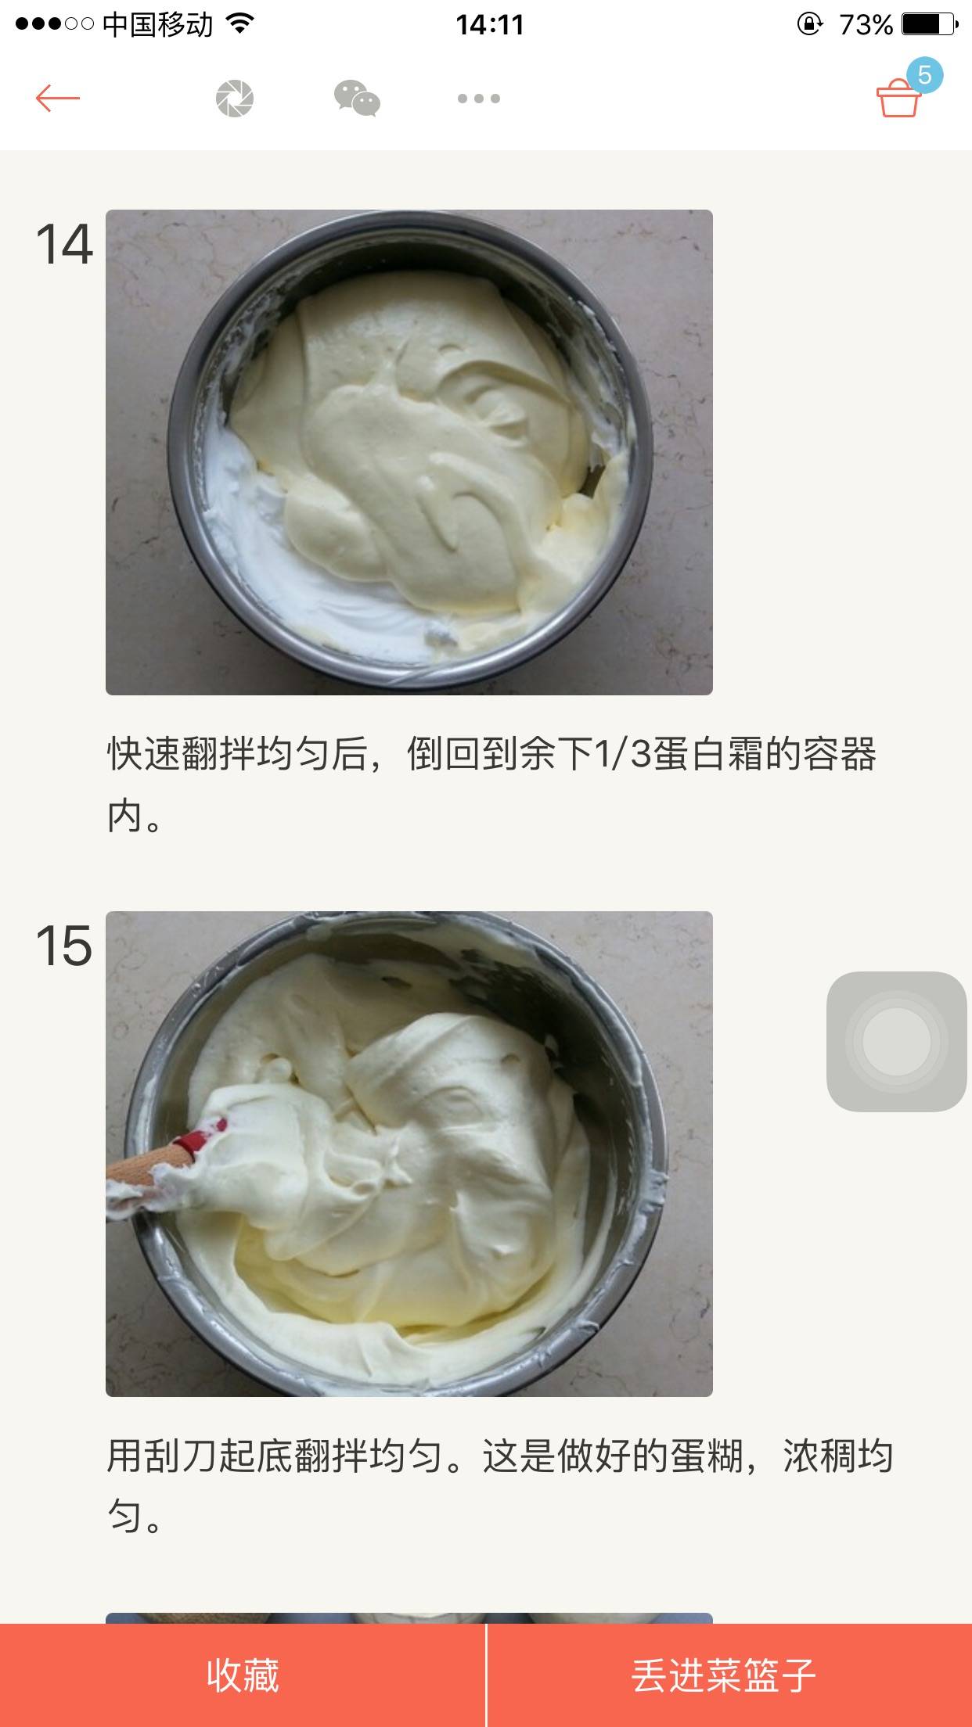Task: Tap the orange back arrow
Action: [x=58, y=99]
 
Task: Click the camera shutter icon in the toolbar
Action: [x=235, y=99]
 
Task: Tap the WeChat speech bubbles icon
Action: [x=357, y=99]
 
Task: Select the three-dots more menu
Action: [x=479, y=99]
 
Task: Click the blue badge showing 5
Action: [x=924, y=75]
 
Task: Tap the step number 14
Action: [x=64, y=244]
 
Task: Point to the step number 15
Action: [x=64, y=946]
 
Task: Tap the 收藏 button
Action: [x=243, y=1675]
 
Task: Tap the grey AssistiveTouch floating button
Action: [x=897, y=1041]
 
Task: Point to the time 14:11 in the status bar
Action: [x=490, y=25]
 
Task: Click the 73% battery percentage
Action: [x=866, y=25]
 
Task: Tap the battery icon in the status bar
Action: [x=930, y=25]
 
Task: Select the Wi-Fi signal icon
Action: [x=240, y=23]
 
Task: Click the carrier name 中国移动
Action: [x=157, y=25]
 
